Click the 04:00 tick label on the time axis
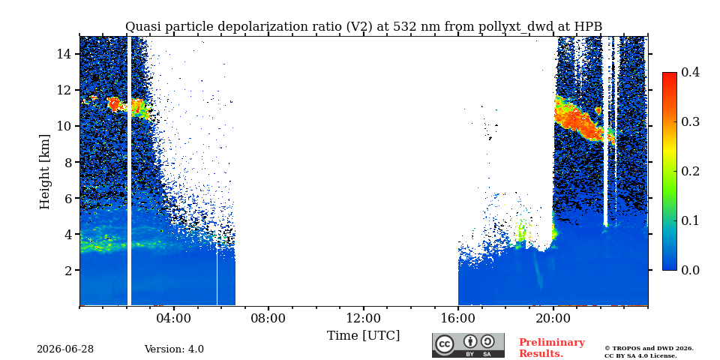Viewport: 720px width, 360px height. (174, 318)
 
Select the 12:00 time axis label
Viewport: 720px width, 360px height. (364, 318)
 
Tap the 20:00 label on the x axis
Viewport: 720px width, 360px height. (553, 318)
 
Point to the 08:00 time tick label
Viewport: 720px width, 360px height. (268, 318)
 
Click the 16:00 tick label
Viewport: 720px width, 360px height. (458, 318)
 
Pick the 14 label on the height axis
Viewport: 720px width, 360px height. (63, 54)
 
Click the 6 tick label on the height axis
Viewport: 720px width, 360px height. (67, 198)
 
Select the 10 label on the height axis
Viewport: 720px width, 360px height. (63, 126)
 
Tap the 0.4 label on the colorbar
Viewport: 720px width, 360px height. (691, 73)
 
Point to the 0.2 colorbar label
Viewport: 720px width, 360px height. (691, 171)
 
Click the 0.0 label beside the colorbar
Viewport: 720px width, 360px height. (691, 270)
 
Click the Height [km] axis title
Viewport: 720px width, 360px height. (44, 172)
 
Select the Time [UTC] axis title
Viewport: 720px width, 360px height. (364, 336)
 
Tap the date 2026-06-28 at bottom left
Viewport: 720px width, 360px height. (65, 349)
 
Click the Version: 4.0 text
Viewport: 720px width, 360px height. (174, 349)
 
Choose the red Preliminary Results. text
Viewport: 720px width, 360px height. (552, 348)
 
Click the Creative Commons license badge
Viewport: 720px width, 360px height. (468, 345)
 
